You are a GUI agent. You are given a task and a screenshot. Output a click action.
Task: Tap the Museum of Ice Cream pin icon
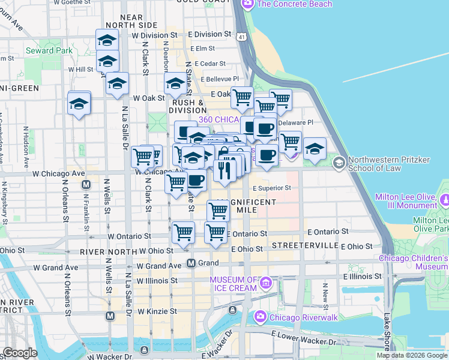point(266,282)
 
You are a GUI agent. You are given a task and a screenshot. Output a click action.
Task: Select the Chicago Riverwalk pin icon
point(260,316)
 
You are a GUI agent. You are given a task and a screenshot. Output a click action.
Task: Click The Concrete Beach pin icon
point(247,4)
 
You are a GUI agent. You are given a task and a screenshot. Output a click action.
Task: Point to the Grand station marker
point(191,263)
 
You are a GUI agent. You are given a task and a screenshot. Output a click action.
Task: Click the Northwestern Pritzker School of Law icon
point(339,163)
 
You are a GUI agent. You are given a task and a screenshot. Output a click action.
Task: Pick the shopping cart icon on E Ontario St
point(215,232)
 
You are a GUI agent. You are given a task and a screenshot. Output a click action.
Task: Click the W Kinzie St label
point(157,311)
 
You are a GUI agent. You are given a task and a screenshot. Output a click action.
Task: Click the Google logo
point(20,353)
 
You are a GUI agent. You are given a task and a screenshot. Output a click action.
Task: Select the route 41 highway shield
point(241,37)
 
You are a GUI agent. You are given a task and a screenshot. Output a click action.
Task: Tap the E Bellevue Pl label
point(220,79)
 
